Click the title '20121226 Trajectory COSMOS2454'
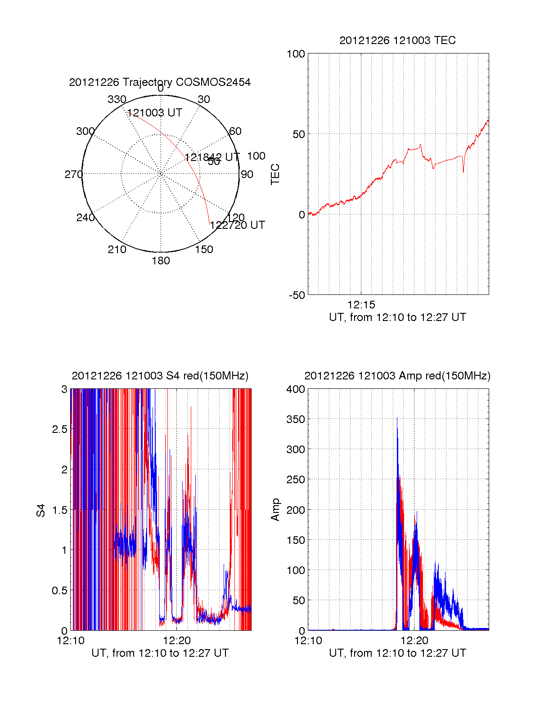(x=160, y=82)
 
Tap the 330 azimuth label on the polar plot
(x=117, y=99)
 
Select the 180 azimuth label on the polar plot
(x=161, y=261)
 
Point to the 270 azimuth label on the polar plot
(x=73, y=174)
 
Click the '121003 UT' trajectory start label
(x=155, y=113)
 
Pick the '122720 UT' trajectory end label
(x=237, y=225)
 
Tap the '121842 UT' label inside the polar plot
(x=212, y=157)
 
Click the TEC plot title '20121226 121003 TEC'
(x=397, y=40)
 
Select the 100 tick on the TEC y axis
(x=296, y=54)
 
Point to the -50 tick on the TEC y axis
(x=297, y=295)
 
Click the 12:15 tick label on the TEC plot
(x=361, y=305)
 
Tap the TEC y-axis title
(x=275, y=174)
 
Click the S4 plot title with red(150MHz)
(x=160, y=376)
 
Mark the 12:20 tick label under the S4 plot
(x=177, y=641)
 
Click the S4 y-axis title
(x=41, y=510)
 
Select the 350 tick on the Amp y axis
(x=296, y=419)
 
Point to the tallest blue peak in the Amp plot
(x=397, y=419)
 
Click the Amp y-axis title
(x=275, y=510)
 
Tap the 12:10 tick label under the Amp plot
(x=308, y=641)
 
